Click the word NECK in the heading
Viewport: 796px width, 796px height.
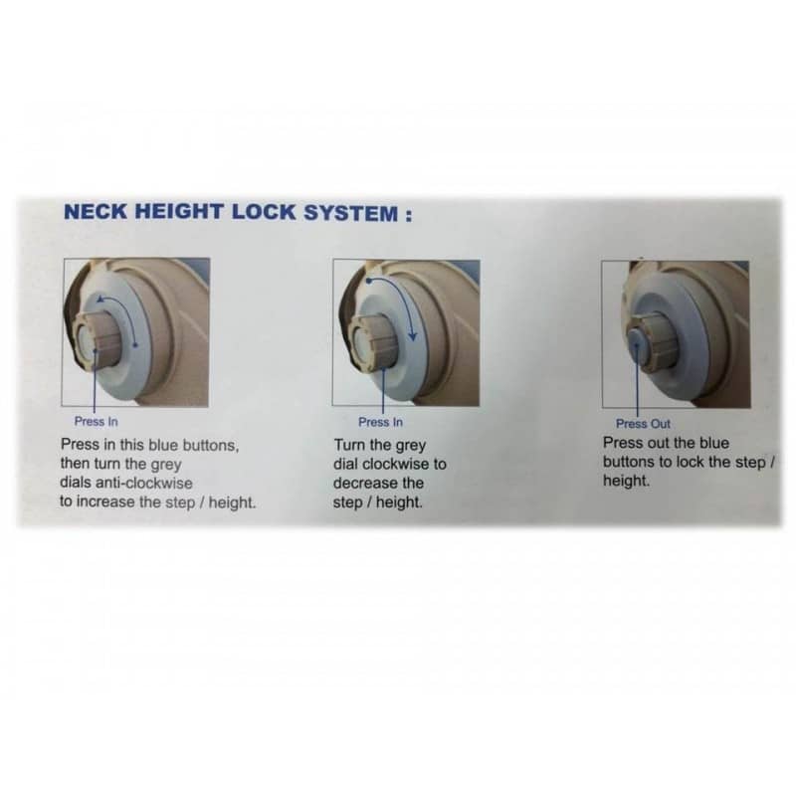96,211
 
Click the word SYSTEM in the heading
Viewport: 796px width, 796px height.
351,213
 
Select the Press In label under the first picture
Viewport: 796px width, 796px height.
96,421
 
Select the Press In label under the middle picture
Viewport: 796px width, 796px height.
380,422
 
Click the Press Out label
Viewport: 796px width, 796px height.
643,424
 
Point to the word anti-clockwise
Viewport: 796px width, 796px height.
143,483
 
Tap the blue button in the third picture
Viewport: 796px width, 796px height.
637,343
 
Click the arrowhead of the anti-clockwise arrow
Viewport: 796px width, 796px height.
101,298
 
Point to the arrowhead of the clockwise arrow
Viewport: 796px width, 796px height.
413,335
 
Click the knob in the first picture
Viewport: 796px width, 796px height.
97,338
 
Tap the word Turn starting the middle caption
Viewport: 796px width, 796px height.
350,445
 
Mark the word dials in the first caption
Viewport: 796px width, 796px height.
76,483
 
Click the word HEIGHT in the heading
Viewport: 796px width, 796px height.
179,211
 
